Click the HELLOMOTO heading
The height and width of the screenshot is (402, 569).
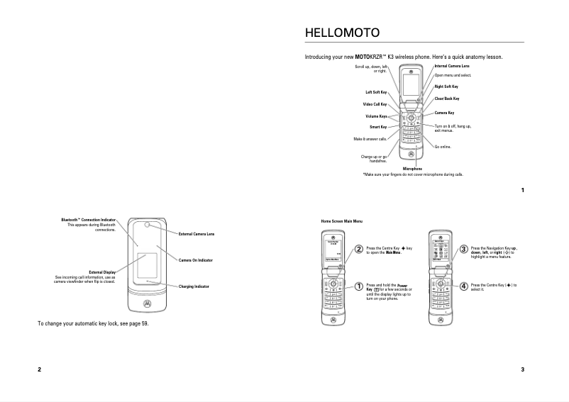(x=341, y=33)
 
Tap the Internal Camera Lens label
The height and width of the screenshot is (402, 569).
(x=452, y=66)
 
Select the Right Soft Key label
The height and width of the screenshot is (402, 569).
(x=446, y=86)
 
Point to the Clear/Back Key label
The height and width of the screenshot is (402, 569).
(x=447, y=99)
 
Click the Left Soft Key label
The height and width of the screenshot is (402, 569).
(x=376, y=92)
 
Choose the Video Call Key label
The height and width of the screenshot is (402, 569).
(x=375, y=104)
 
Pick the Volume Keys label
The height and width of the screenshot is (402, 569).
(x=376, y=116)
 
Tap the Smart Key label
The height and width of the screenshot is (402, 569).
(x=378, y=127)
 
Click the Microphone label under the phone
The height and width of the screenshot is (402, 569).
(x=412, y=169)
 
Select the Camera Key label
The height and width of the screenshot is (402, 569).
(x=444, y=113)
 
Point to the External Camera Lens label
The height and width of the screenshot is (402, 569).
(x=197, y=233)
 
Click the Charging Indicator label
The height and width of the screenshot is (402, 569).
(x=194, y=286)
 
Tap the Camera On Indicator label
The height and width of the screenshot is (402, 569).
(x=195, y=260)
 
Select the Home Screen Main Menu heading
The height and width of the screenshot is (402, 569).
(x=342, y=222)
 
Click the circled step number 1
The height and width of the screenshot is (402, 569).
(x=359, y=286)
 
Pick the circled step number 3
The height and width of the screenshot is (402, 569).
(x=463, y=249)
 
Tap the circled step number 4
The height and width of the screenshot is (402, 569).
(x=463, y=286)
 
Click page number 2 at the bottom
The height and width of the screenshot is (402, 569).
(x=40, y=369)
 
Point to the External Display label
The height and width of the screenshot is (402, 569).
(x=102, y=272)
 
